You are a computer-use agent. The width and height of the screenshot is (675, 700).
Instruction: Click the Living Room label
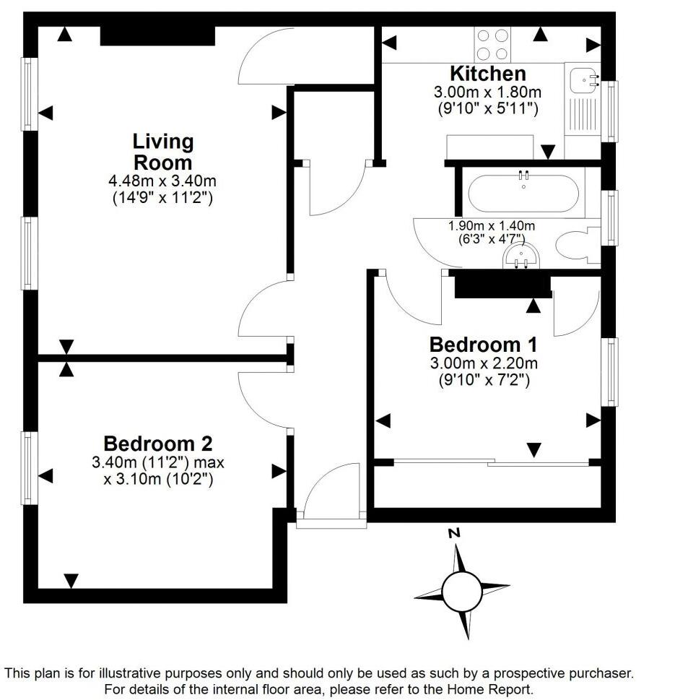click(x=162, y=151)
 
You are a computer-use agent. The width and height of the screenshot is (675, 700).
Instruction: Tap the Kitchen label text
click(x=487, y=74)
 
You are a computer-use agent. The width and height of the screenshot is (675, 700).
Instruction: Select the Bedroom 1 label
click(x=484, y=345)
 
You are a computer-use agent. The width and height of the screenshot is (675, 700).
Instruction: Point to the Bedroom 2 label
click(x=157, y=443)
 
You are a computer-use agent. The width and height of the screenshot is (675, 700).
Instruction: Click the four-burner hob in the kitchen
click(x=492, y=44)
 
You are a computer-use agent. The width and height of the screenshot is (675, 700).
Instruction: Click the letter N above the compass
click(x=454, y=534)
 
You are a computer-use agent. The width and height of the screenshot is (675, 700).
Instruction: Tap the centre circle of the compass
click(x=461, y=591)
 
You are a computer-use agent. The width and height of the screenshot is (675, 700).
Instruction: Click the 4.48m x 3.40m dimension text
click(x=162, y=181)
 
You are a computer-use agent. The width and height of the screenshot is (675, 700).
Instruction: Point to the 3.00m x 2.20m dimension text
click(x=484, y=363)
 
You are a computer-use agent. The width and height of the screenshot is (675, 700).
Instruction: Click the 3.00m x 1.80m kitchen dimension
click(x=487, y=92)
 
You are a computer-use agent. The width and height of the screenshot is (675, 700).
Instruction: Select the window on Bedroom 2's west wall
click(x=28, y=467)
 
